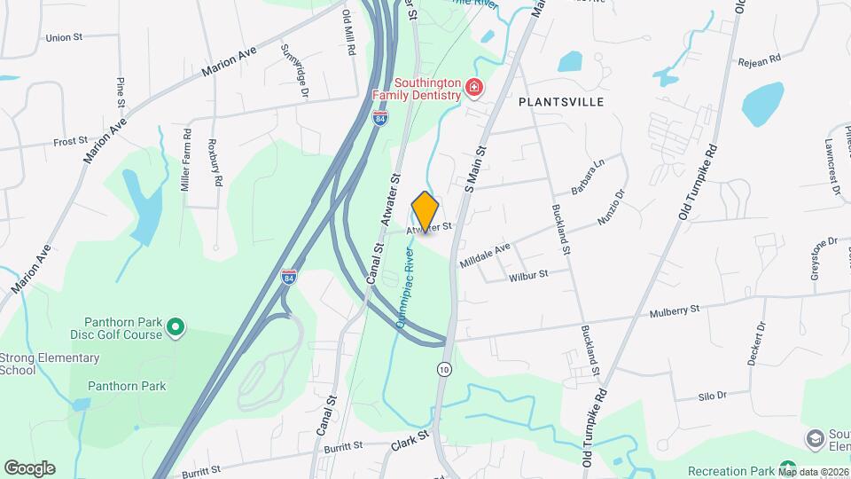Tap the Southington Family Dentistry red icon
(475, 88)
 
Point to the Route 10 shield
(443, 368)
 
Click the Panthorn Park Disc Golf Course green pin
(176, 328)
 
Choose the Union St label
(63, 38)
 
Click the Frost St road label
(70, 141)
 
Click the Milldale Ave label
(485, 255)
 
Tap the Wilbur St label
(529, 276)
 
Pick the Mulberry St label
(675, 310)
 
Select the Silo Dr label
(712, 396)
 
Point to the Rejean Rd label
(760, 59)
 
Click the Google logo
(29, 467)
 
